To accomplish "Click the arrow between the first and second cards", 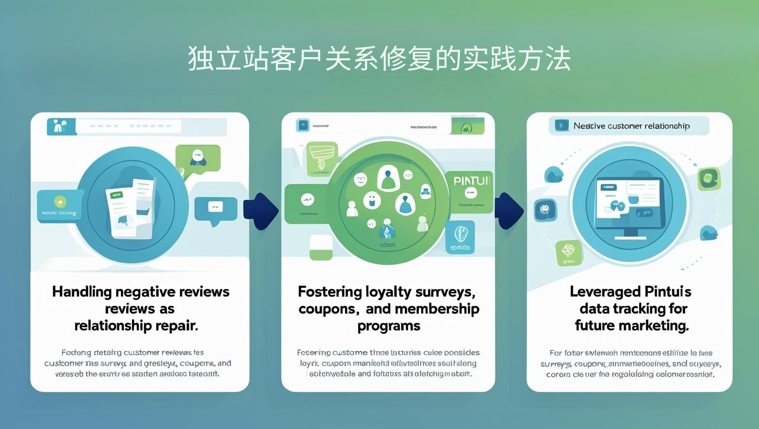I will tap(260, 211).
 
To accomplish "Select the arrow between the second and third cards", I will tap(509, 210).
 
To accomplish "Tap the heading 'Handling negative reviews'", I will tap(140, 292).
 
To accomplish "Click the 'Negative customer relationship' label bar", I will tap(629, 126).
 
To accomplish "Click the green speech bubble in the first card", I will tap(197, 158).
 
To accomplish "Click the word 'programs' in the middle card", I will tap(389, 326).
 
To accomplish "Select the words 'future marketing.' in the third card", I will tap(632, 326).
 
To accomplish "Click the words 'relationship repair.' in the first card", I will tap(136, 326).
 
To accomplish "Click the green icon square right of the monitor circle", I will tap(708, 178).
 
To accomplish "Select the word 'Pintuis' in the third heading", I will tap(668, 292).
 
